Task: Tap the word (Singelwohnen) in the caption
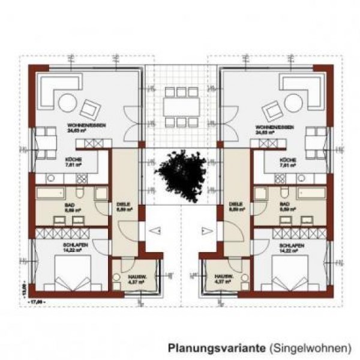310,347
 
